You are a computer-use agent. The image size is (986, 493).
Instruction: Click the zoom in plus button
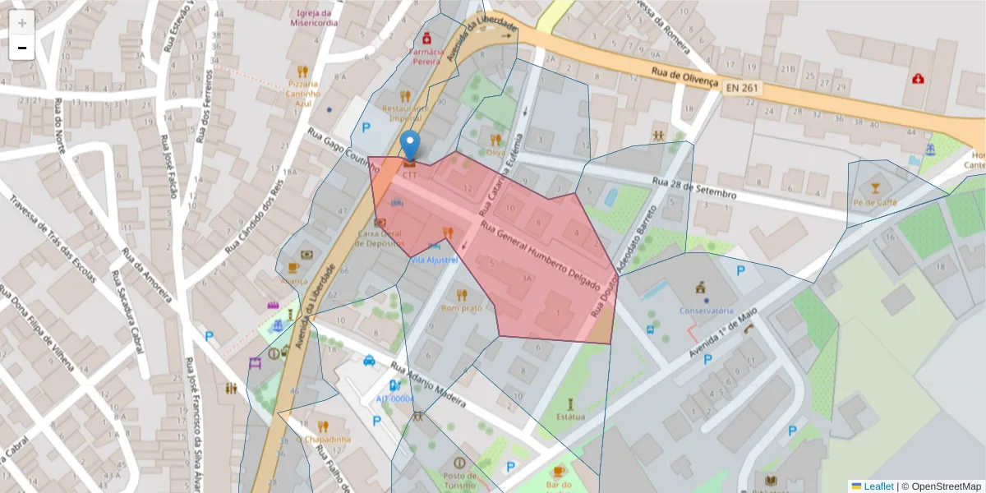pyautogui.click(x=22, y=23)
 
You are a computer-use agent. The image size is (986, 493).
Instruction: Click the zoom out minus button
pyautogui.click(x=22, y=48)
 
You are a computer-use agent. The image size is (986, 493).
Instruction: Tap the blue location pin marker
pyautogui.click(x=409, y=146)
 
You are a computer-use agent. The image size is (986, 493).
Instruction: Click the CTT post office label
pyautogui.click(x=409, y=175)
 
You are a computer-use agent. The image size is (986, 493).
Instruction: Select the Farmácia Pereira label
pyautogui.click(x=426, y=56)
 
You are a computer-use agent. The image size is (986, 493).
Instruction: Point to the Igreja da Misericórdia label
pyautogui.click(x=314, y=18)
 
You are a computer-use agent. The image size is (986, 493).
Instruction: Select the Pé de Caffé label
pyautogui.click(x=875, y=202)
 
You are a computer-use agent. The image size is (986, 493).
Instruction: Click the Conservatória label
pyautogui.click(x=706, y=311)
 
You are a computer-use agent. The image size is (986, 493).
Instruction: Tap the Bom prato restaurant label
pyautogui.click(x=461, y=308)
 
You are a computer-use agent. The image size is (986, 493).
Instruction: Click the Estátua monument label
pyautogui.click(x=570, y=417)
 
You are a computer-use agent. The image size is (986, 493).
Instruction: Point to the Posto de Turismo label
pyautogui.click(x=458, y=481)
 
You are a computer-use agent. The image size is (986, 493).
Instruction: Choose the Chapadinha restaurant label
pyautogui.click(x=327, y=439)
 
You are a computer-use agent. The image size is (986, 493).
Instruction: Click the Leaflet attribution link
pyautogui.click(x=878, y=486)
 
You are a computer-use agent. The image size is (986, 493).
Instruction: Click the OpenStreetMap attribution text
pyautogui.click(x=941, y=486)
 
